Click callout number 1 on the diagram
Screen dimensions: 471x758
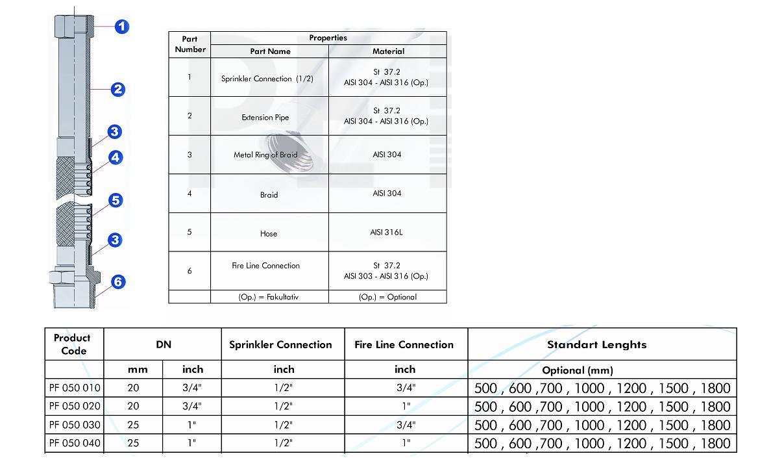coord(122,27)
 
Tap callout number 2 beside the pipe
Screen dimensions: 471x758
coord(117,89)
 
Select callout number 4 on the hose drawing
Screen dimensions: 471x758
coord(115,157)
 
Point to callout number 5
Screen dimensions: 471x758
coord(115,200)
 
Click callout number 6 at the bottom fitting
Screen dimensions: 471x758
coord(117,282)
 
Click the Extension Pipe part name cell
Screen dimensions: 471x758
coord(265,118)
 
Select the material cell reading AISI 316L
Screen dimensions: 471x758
coord(387,232)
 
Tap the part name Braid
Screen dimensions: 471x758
coord(269,195)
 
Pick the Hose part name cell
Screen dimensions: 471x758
coord(269,234)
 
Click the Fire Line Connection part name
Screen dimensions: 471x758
coord(266,266)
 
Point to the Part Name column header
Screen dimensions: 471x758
coord(270,51)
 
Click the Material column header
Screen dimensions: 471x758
coord(388,51)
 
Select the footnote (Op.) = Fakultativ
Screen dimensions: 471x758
coord(269,297)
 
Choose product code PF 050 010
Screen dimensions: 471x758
coord(75,388)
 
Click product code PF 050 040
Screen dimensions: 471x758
coord(75,443)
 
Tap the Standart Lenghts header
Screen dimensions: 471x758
coord(596,345)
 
